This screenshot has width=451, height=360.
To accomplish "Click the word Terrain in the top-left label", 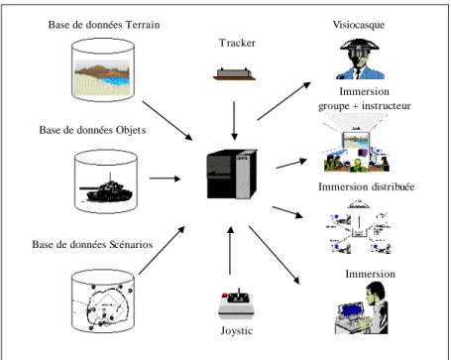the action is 143,25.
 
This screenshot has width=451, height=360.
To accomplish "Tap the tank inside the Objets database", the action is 106,190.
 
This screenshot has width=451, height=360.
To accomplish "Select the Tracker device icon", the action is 234,73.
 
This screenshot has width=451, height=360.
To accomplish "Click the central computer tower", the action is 232,174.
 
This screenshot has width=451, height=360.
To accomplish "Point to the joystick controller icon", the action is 235,304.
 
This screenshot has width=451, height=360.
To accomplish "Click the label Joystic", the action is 237,330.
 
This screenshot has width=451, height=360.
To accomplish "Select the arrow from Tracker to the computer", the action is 234,121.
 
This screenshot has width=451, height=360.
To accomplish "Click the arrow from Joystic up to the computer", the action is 230,251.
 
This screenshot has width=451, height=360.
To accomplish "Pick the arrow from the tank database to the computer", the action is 166,179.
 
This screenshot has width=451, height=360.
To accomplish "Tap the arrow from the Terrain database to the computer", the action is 168,121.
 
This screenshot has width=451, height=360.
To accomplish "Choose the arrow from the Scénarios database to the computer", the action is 162,250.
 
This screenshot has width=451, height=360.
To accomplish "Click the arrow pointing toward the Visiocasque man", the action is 283,101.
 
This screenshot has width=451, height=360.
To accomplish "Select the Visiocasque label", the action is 359,25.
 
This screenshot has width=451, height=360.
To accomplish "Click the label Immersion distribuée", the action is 366,186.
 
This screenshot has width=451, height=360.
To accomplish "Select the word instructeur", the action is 387,106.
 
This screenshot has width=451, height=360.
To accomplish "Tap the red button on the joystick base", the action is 225,295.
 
